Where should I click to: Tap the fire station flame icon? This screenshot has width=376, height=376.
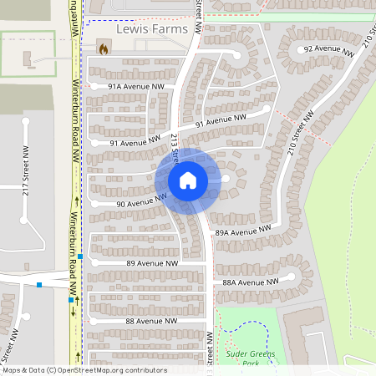(x=103, y=49)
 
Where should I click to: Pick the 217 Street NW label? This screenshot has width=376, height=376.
(x=25, y=172)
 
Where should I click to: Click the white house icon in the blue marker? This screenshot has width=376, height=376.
(x=187, y=180)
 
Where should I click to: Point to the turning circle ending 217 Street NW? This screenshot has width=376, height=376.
(x=26, y=123)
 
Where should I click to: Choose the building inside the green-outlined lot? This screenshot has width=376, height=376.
(x=28, y=60)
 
